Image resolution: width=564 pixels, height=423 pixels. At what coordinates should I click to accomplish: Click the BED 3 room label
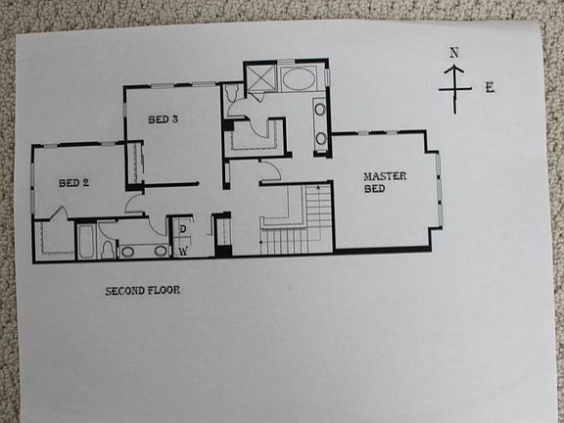163,120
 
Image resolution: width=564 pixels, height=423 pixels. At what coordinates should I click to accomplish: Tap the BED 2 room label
73,183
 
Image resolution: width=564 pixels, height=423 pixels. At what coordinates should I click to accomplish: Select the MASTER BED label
384,182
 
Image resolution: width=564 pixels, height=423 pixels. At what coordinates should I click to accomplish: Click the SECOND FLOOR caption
143,291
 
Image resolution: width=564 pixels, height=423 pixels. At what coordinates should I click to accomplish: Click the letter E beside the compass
489,87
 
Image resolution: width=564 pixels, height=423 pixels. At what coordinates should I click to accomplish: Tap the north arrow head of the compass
453,70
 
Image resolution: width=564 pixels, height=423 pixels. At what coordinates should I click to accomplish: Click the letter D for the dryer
182,229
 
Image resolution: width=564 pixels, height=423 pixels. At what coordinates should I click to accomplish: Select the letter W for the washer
182,251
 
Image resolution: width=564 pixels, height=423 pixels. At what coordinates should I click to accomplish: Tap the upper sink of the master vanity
321,109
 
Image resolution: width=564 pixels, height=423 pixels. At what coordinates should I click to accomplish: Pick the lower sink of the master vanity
321,137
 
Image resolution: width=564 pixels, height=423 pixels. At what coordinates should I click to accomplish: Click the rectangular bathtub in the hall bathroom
85,241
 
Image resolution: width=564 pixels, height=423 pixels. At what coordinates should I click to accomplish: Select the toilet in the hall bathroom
108,247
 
